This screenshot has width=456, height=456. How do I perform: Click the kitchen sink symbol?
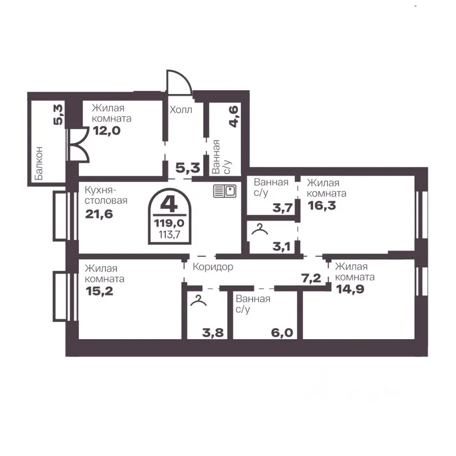(225, 191)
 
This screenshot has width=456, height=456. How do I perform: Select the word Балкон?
(38, 163)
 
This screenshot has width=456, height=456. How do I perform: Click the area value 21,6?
(99, 214)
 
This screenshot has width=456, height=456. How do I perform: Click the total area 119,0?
(169, 223)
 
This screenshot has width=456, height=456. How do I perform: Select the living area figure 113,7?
(170, 234)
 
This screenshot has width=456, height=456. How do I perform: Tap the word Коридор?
(213, 266)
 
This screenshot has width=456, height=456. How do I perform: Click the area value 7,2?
(311, 278)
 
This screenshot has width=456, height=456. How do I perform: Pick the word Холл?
(181, 110)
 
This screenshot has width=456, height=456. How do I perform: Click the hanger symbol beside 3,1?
(259, 229)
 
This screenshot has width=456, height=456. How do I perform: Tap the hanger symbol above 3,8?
(199, 300)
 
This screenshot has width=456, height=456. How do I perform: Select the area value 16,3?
(322, 206)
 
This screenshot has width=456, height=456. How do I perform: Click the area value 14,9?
(350, 289)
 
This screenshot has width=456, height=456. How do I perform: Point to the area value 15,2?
(99, 291)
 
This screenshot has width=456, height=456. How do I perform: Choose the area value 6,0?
(282, 332)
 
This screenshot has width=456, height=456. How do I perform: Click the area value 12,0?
(107, 131)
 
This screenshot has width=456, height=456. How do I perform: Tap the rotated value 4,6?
(234, 117)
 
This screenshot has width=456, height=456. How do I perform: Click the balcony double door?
(78, 144)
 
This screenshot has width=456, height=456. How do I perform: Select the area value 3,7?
(282, 208)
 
